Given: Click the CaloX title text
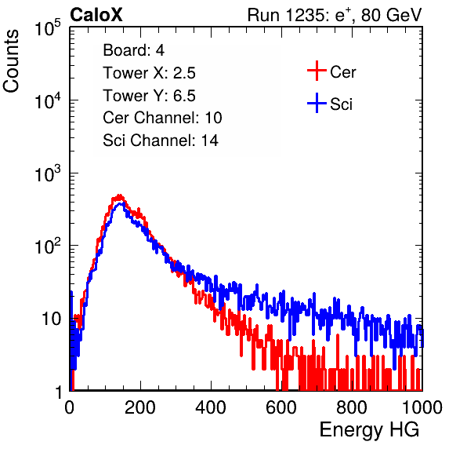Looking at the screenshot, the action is (96, 15).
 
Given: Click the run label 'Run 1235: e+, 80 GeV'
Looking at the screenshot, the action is (335, 15).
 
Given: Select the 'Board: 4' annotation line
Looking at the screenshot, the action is (133, 50).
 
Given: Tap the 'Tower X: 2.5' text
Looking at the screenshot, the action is (149, 73).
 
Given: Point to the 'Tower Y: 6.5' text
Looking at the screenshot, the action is (149, 96).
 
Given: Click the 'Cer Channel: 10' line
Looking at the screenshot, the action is (162, 118).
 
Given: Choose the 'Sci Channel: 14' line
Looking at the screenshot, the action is (161, 141).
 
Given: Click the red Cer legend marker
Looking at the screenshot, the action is (317, 71).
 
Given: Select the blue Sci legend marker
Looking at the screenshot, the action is (317, 104).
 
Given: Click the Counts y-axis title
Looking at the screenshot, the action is (11, 61).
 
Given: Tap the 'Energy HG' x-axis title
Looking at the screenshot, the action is (369, 430).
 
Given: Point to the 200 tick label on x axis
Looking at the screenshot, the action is (140, 407).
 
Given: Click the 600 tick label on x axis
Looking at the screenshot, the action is (281, 407).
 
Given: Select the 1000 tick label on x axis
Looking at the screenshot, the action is (422, 407).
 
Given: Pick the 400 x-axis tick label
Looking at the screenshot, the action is (211, 407).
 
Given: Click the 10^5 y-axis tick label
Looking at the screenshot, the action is (48, 27).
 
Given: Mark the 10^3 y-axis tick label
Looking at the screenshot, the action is (48, 173).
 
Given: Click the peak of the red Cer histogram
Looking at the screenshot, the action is (119, 195).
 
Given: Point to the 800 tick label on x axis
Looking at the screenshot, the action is (352, 407).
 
